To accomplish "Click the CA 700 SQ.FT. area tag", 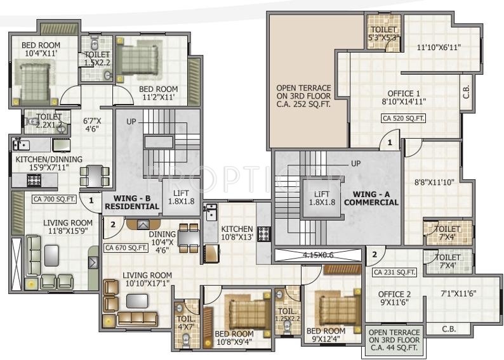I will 55,199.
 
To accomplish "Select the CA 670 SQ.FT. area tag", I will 126,248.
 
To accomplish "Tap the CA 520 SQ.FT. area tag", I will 403,118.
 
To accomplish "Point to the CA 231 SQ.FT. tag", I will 394,273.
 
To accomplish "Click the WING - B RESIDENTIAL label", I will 132,202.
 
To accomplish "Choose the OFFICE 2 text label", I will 394,293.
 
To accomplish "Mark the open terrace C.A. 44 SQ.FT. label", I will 394,340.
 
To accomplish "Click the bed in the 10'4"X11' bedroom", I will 32,83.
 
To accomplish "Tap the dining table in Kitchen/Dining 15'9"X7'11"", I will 94,176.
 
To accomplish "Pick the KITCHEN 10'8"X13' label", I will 237,233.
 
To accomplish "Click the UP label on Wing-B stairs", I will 131,121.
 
